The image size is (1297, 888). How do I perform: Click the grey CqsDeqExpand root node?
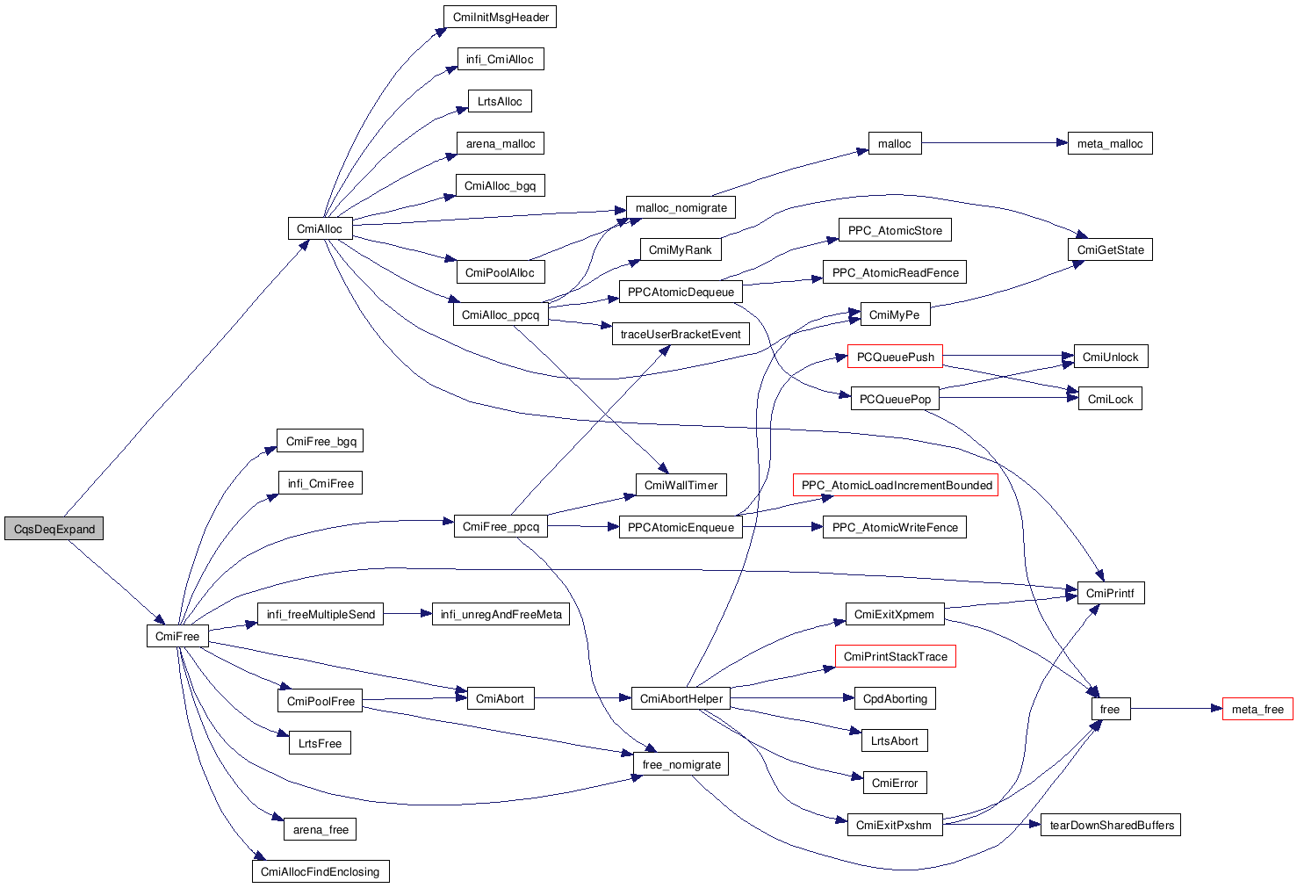(54, 528)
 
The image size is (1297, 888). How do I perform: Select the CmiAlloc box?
(321, 228)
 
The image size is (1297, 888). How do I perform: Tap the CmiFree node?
(177, 636)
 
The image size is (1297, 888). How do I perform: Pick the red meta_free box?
(1257, 709)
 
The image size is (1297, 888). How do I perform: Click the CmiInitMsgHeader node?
(501, 17)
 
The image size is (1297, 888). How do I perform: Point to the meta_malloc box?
(1110, 143)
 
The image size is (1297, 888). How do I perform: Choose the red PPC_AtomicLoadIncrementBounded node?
(896, 485)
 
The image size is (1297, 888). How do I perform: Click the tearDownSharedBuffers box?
(1111, 825)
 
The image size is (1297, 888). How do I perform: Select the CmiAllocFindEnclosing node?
(321, 871)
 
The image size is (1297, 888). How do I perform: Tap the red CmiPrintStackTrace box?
(895, 656)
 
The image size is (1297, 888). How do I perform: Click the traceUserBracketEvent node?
(681, 334)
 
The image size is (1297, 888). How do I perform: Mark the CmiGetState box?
(1111, 249)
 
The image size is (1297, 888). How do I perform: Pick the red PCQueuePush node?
(895, 357)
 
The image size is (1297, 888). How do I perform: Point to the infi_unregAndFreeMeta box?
(501, 614)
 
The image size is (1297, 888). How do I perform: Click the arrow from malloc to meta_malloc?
(995, 142)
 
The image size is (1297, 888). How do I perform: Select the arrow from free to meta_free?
(1177, 709)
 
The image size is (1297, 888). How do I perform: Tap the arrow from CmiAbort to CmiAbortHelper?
(583, 698)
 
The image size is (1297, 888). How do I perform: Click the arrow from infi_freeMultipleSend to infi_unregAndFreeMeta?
(407, 613)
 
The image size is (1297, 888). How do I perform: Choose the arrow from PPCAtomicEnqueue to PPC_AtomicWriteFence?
(782, 526)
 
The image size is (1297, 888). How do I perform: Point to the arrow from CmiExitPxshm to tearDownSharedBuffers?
(992, 824)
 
